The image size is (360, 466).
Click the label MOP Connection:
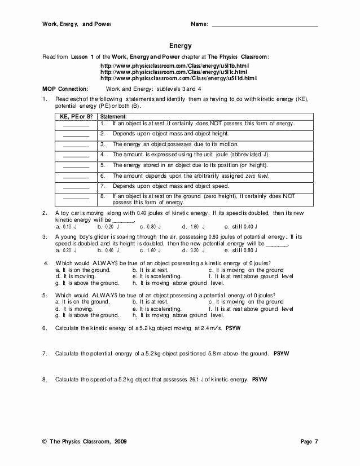[66, 89]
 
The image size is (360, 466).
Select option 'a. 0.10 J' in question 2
[67, 226]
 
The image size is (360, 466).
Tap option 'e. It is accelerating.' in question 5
[157, 309]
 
